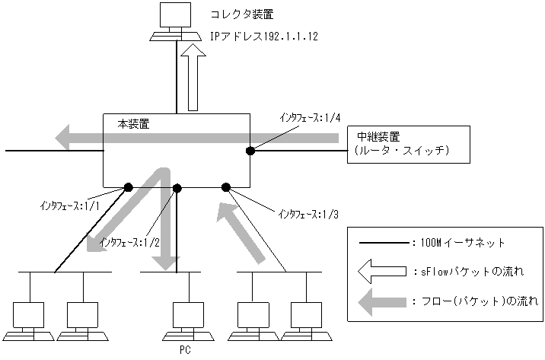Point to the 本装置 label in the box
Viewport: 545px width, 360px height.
[134, 122]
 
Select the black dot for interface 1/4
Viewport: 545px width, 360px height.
[250, 151]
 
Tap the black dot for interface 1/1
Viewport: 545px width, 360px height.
[129, 186]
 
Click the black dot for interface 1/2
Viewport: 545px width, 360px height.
[177, 186]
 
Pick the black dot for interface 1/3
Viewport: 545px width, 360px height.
[226, 186]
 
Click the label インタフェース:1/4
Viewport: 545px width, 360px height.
[310, 118]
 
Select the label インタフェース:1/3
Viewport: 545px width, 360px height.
[309, 214]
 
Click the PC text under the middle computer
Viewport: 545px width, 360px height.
[185, 351]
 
